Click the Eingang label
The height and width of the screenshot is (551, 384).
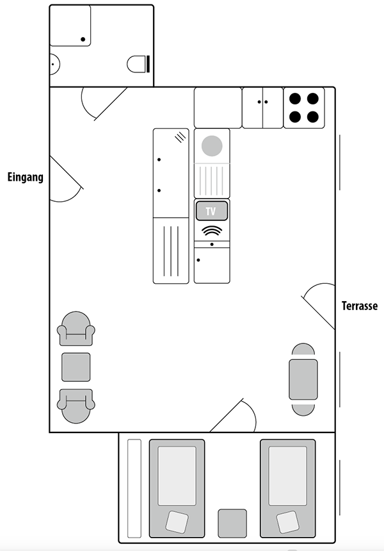tap(25, 177)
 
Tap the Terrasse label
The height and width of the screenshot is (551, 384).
tap(360, 306)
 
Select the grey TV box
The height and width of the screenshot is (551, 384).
tap(212, 211)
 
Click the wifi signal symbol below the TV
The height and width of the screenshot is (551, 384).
tap(212, 231)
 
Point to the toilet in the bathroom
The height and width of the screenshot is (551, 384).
tap(139, 64)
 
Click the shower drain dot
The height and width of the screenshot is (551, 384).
tap(83, 39)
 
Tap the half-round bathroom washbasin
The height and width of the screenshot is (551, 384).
tap(55, 64)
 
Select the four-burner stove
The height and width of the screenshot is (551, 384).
tap(304, 108)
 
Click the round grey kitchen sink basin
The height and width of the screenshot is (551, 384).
tap(212, 146)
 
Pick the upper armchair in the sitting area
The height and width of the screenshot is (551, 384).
tap(76, 329)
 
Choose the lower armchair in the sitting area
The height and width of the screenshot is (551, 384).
tap(76, 406)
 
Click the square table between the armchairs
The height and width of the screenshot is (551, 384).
tap(76, 367)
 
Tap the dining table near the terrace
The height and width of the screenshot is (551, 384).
tap(303, 379)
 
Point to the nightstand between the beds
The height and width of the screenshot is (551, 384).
tap(232, 523)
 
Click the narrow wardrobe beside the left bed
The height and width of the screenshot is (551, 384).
tap(134, 488)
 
